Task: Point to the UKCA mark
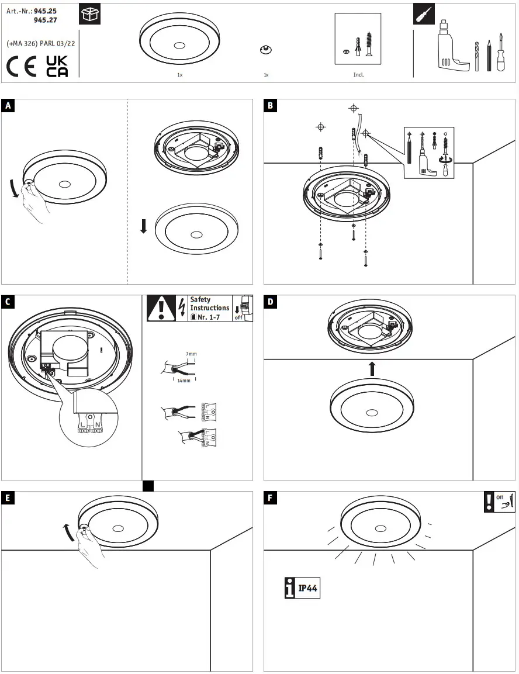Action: tap(57, 66)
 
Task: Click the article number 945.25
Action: tap(45, 11)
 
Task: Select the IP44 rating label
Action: tap(307, 588)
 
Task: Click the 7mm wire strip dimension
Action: tap(191, 354)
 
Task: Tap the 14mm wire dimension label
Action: tap(184, 380)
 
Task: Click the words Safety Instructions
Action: tap(209, 304)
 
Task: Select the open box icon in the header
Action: tap(89, 15)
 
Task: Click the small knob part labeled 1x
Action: tap(266, 50)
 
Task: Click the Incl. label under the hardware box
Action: tap(358, 75)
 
